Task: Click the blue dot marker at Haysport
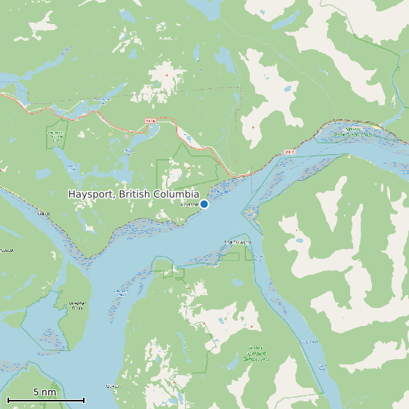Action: click(204, 204)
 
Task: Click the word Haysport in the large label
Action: click(90, 195)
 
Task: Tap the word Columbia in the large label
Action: click(177, 195)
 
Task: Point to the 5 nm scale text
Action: click(45, 392)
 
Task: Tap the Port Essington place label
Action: click(237, 242)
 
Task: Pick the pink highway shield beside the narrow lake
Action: click(149, 120)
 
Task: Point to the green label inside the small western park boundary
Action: click(56, 135)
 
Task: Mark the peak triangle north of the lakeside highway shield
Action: click(168, 75)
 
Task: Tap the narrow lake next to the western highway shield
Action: click(188, 138)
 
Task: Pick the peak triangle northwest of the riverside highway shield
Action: click(253, 127)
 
